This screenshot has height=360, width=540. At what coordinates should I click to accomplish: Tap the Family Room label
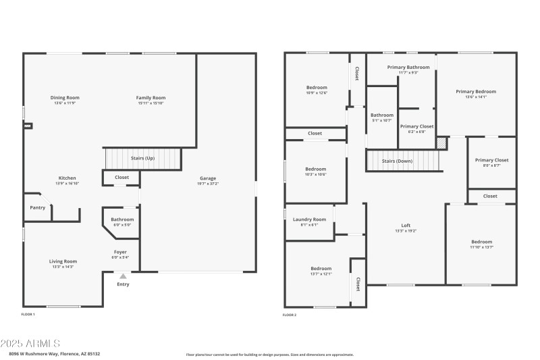point(151,98)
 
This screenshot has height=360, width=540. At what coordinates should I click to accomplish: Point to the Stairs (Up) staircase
point(144,159)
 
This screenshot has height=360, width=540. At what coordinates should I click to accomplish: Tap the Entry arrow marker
point(122,276)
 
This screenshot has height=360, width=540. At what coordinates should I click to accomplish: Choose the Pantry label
point(38,207)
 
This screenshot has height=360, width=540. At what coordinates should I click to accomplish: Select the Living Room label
point(63,261)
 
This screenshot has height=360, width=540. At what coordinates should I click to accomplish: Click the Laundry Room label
point(309,220)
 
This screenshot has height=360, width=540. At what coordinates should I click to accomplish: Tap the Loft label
point(406,226)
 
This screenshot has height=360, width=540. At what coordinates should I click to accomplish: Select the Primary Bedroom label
point(475,92)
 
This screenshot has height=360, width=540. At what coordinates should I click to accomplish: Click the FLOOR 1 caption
point(28,314)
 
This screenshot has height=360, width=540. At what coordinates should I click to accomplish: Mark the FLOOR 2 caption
point(289,314)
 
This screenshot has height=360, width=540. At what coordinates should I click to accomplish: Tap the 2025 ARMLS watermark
point(30,344)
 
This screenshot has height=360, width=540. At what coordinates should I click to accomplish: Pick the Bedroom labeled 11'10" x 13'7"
point(481,242)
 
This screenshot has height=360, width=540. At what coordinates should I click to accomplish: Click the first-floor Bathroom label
point(122,220)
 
